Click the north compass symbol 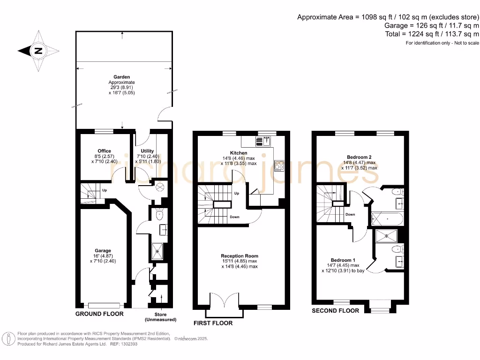pos(38,51)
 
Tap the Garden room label pos(121,77)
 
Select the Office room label pos(105,151)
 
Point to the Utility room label pos(147,151)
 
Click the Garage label pos(103,251)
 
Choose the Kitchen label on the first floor pos(238,153)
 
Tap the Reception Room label pos(240,256)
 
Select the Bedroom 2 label pos(359,157)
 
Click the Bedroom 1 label pos(343,260)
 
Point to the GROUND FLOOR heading pos(99,314)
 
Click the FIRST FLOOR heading pos(213,323)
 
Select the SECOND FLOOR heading pos(336,311)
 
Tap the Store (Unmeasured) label pos(161,317)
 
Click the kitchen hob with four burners pos(279,165)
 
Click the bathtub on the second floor pos(387,219)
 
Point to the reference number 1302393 pos(117,344)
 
